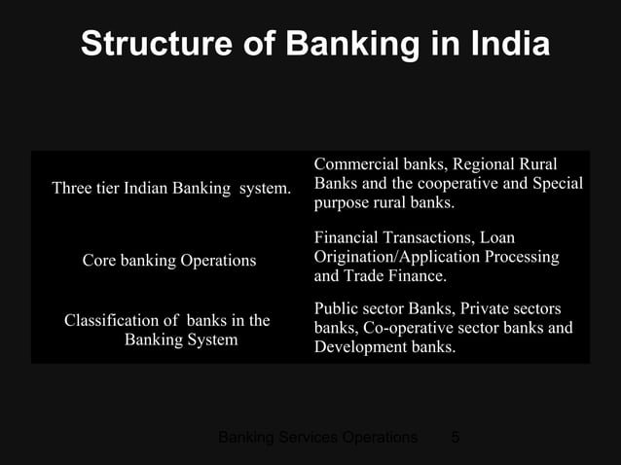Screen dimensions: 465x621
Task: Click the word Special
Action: [556, 184]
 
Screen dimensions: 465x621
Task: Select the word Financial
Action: [347, 237]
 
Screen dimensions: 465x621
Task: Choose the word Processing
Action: [517, 257]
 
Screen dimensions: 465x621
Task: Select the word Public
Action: [336, 308]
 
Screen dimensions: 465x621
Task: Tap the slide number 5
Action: [455, 438]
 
